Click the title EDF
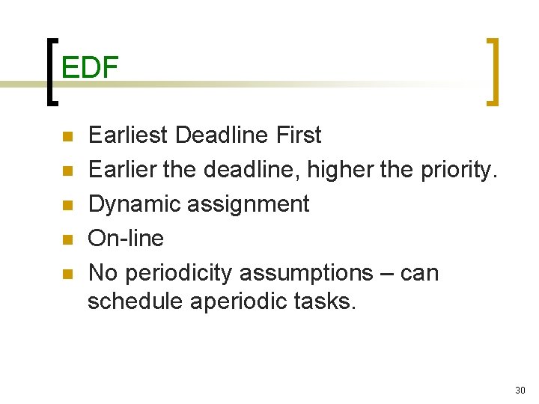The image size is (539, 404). pyautogui.click(x=90, y=68)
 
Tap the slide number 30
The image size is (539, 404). pyautogui.click(x=520, y=390)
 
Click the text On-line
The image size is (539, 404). pyautogui.click(x=126, y=239)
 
